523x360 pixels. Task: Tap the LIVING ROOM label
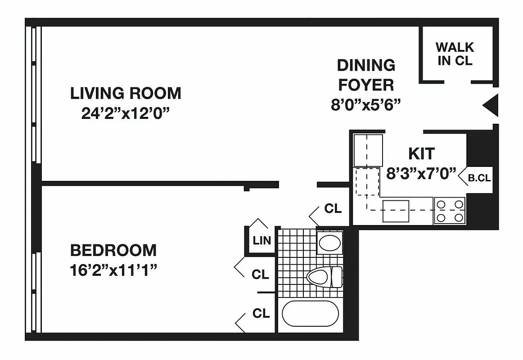pos(126,93)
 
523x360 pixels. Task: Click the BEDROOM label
pos(113,250)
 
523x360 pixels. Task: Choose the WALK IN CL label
pos(455,54)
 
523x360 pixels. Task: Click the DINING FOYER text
pos(366,75)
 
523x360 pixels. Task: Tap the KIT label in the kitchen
pos(421,153)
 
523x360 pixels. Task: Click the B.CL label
pos(479,178)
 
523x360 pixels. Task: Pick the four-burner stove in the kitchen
pos(450,211)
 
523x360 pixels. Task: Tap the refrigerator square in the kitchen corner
pos(368,150)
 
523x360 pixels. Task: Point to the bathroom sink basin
pos(329,243)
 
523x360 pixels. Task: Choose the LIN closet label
pos(262,240)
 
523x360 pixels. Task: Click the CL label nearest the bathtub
pos(261,313)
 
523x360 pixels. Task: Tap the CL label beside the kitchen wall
pos(333,209)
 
